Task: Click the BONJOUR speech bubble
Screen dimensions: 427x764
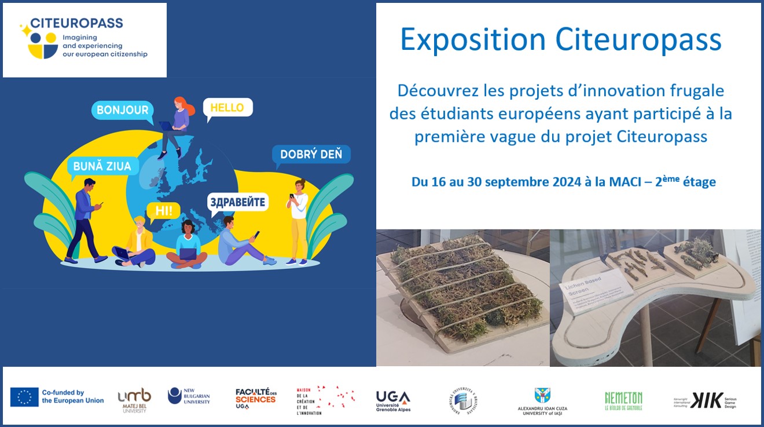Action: [x=122, y=110]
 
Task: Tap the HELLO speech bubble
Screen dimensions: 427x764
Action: [x=227, y=107]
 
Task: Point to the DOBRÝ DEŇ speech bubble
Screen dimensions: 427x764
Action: [x=311, y=154]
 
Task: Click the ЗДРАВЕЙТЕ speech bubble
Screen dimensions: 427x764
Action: [x=238, y=202]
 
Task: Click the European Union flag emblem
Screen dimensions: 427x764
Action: [x=24, y=397]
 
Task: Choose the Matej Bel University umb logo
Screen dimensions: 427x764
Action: [x=134, y=398]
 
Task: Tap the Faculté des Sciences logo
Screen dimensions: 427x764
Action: [x=255, y=399]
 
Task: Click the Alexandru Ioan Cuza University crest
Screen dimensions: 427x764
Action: [x=542, y=396]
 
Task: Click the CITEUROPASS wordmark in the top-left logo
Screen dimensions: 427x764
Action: [x=76, y=23]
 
